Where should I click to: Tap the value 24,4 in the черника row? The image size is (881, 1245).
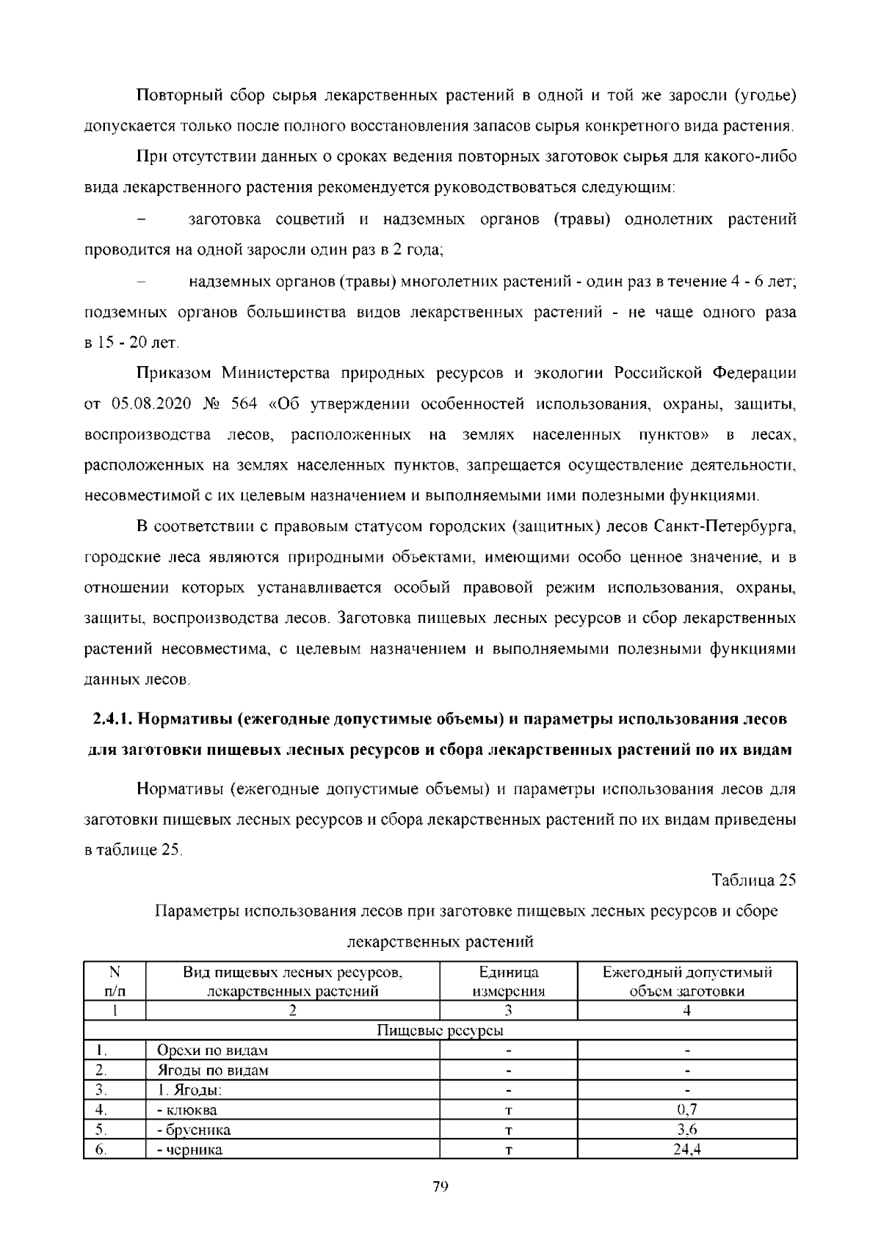coord(687,1150)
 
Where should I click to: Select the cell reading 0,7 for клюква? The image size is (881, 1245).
coord(687,1110)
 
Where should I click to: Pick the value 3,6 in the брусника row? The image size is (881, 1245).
coord(687,1130)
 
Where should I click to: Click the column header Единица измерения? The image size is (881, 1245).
coord(508,982)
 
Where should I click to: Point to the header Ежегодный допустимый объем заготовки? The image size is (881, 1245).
coord(687,982)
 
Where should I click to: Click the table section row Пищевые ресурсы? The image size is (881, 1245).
coord(440,1031)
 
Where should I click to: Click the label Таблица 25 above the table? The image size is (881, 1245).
coord(753,880)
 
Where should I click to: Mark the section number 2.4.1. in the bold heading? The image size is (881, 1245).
coord(113,719)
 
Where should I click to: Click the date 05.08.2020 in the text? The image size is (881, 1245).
coord(146,404)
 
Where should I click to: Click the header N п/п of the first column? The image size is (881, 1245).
coord(115,982)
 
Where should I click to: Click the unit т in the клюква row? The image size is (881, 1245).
coord(508,1111)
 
